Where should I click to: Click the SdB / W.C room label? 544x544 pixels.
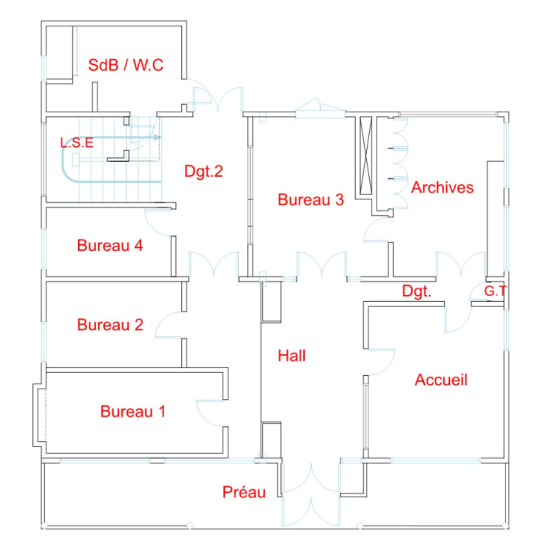pos(125,65)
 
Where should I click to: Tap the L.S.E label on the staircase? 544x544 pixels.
pos(77,142)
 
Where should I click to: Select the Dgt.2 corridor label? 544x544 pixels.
pos(203,171)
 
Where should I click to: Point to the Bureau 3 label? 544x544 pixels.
pos(310,199)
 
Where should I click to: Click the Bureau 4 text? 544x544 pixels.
pos(110,245)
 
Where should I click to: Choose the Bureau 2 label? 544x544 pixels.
pos(110,325)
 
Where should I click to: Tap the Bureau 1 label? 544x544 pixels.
pos(133,412)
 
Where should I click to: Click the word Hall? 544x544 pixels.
pos(292,356)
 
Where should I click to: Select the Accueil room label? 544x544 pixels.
pos(441,380)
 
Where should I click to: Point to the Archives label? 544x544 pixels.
pos(442,187)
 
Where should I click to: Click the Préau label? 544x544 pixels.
pos(244,492)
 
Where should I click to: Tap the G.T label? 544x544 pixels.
pos(495,291)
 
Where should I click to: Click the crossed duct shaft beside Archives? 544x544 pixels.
pos(366,156)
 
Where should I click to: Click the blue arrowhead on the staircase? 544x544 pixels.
pos(156,138)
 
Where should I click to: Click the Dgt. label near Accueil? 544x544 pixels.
pos(417,291)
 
